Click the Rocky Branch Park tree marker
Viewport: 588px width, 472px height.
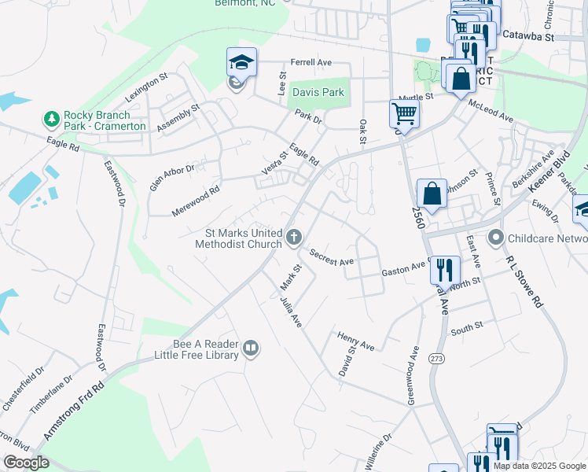52,119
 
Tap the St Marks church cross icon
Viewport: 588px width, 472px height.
295,237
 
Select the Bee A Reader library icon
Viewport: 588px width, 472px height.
251,348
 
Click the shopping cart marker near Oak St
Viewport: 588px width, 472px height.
404,112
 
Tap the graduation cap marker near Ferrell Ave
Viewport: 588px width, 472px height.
241,61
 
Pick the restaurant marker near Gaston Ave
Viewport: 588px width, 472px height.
446,269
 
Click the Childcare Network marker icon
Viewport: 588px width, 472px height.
495,237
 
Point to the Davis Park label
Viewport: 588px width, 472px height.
318,92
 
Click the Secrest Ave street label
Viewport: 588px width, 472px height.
332,256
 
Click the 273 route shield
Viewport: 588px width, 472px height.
436,358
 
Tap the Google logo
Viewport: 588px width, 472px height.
27,463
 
